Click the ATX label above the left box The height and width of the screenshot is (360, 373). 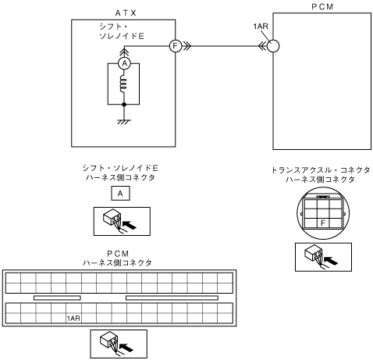point(126,13)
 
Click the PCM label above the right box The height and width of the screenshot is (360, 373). point(322,7)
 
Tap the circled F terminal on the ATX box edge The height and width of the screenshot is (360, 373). point(176,46)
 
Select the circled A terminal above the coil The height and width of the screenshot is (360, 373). point(125,63)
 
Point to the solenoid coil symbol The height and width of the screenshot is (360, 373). point(123,84)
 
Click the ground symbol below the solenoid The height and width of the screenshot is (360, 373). point(124,122)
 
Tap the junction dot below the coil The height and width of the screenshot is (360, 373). point(124,105)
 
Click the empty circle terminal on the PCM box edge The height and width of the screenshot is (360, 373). point(273,46)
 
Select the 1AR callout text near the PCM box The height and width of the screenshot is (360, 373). point(261,27)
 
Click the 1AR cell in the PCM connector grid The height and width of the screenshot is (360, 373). point(73,318)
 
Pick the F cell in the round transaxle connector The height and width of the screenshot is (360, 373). point(323,223)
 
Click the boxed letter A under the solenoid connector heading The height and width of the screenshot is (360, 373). point(120,194)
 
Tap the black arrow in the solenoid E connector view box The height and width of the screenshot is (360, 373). point(130,225)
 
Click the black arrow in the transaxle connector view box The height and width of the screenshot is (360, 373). point(331,260)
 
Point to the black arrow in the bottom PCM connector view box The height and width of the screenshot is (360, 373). point(126,348)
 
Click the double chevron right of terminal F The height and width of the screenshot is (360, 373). point(187,46)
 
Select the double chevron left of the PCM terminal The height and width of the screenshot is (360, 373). point(262,46)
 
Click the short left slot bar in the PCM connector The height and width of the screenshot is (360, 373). point(57,298)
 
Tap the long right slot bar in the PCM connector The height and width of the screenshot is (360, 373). point(172,298)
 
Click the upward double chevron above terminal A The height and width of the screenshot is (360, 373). point(125,52)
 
